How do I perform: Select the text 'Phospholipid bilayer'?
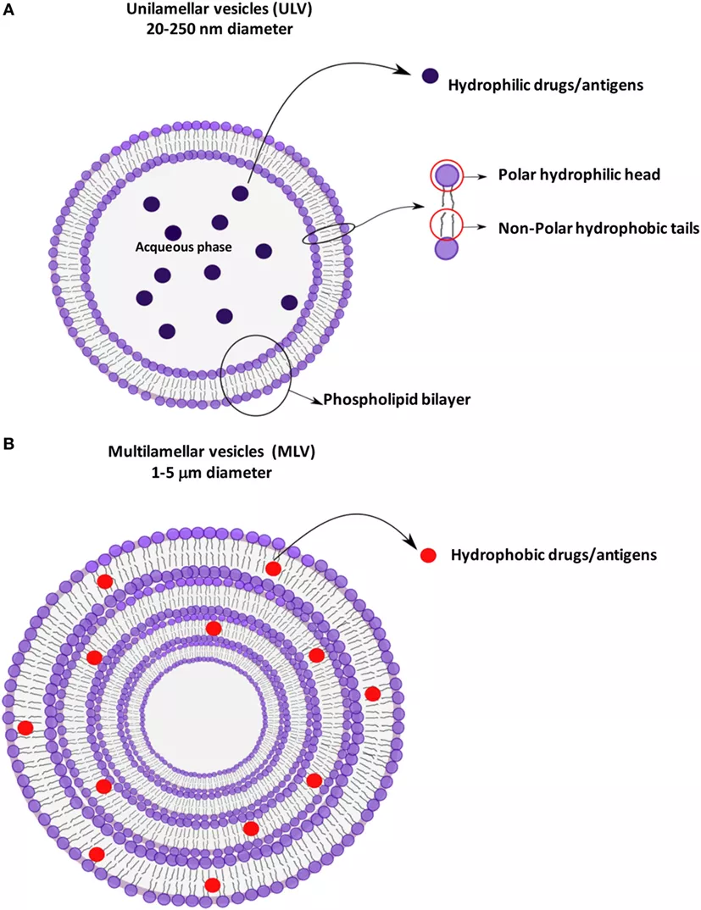[x=387, y=397]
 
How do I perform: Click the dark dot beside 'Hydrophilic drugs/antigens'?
[x=431, y=76]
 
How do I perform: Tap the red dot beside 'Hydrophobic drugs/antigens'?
[x=429, y=555]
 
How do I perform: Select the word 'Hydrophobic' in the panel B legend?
[x=489, y=556]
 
